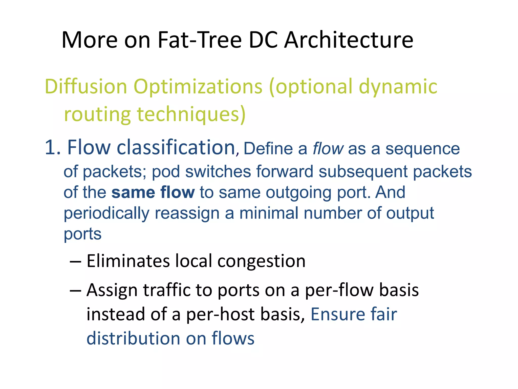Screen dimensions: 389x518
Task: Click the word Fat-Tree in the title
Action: coord(200,40)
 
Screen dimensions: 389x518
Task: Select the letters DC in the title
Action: coord(263,40)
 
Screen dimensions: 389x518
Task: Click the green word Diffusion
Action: coord(85,87)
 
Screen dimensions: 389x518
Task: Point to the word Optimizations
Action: coord(198,87)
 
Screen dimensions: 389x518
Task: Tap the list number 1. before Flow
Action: coord(53,147)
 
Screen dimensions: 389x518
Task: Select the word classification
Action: coord(176,147)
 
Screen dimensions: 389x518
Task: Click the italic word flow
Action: coord(328,149)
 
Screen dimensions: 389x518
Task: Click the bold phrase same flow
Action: coord(153,192)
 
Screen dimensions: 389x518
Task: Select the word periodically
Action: coord(106,213)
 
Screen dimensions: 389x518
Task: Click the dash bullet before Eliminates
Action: coord(75,261)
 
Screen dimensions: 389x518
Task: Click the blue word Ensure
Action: coord(338,314)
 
